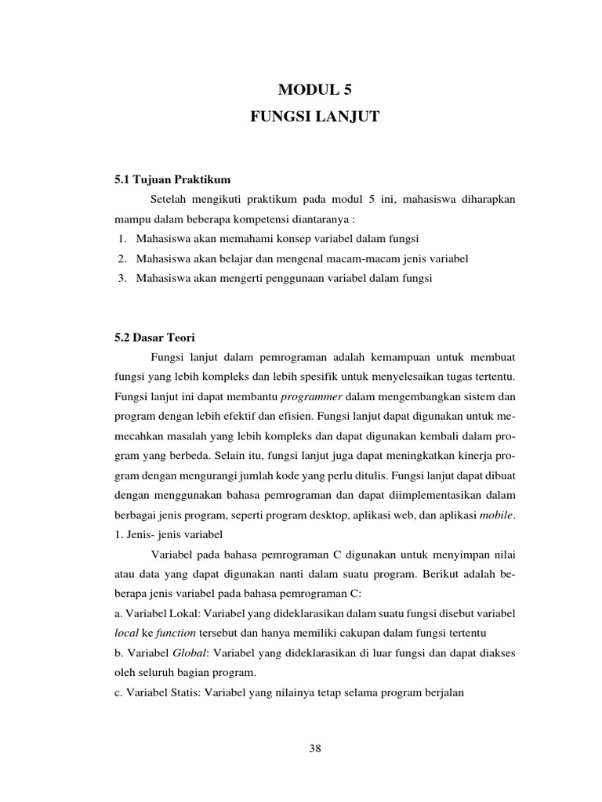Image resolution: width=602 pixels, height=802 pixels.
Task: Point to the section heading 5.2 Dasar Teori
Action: (x=154, y=338)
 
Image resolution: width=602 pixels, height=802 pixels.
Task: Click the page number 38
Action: (x=315, y=748)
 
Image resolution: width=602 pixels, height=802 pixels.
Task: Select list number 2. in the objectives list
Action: (x=122, y=258)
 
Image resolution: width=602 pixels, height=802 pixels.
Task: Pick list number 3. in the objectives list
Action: (x=122, y=278)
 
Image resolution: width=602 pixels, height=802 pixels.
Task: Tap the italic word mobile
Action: (x=498, y=515)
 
